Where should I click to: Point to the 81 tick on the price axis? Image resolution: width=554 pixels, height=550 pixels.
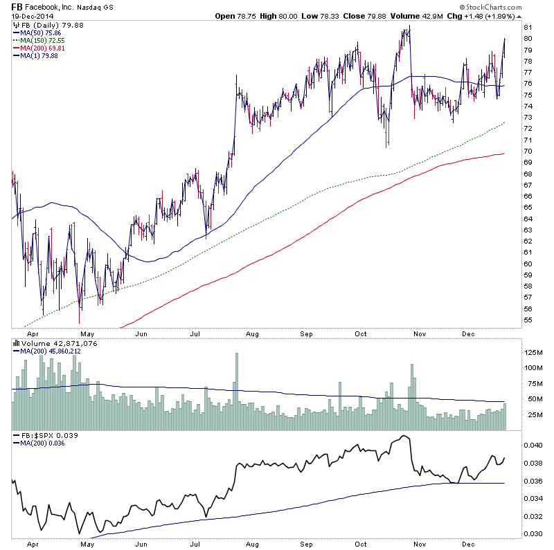[x=528, y=28]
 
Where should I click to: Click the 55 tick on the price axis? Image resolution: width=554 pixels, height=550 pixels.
[x=528, y=320]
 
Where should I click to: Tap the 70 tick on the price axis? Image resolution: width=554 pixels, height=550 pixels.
[x=528, y=152]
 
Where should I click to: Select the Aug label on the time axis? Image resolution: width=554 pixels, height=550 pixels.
[x=251, y=333]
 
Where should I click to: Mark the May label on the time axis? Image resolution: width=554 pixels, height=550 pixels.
[x=87, y=333]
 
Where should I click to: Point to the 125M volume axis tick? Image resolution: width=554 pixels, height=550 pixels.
[x=532, y=353]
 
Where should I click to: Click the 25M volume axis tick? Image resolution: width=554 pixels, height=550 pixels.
[x=530, y=415]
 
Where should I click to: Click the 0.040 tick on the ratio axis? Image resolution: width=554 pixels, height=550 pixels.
[x=533, y=445]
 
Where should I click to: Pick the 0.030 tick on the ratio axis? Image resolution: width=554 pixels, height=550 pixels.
[x=533, y=533]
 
